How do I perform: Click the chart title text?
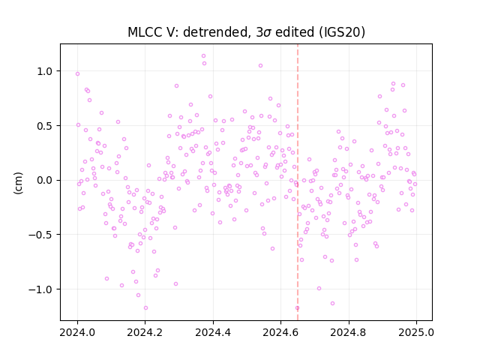(246, 31)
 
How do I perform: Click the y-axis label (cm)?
(18, 183)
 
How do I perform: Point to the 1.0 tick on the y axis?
(45, 71)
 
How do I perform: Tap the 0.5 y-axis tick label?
(45, 126)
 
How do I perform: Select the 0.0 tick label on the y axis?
(45, 180)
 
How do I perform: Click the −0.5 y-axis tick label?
(41, 235)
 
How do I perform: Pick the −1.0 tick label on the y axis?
(41, 289)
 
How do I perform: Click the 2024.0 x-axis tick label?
(77, 332)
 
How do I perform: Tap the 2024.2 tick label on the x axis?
(145, 332)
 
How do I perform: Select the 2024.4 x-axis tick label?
(213, 332)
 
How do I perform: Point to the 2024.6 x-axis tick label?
(280, 332)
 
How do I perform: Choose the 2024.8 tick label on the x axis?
(348, 332)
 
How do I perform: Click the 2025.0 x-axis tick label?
(416, 332)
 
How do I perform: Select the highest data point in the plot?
(203, 56)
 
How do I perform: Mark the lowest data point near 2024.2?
(145, 307)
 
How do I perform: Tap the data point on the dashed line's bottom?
(297, 308)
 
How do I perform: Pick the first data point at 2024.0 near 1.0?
(77, 73)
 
